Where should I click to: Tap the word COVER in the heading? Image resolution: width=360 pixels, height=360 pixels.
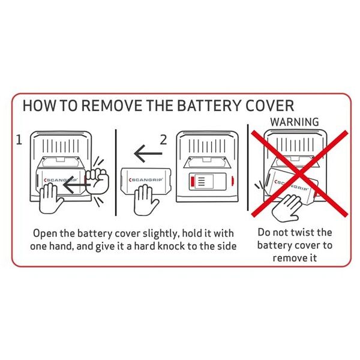pos(269,106)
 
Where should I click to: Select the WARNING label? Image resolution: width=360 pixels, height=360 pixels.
pos(295,122)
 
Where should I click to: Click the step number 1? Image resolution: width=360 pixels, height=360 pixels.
pos(19,140)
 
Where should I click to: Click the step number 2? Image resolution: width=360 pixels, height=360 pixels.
pos(163,140)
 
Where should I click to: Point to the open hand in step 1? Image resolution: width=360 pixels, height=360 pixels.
pos(50,199)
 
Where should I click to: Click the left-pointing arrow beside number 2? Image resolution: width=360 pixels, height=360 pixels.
pos(148,154)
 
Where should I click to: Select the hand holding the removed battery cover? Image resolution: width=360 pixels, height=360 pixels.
pos(145,200)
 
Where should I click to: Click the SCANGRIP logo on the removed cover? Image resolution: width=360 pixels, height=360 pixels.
pos(146,180)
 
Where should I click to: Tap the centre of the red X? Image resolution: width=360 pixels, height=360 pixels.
pos(300,173)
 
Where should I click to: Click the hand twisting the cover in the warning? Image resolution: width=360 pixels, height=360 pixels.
pos(287,208)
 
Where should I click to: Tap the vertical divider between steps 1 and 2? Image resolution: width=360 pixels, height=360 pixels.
pos(116,172)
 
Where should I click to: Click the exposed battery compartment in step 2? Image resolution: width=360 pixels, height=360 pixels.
pos(208,181)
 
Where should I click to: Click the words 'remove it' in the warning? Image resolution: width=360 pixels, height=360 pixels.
pos(295,258)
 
